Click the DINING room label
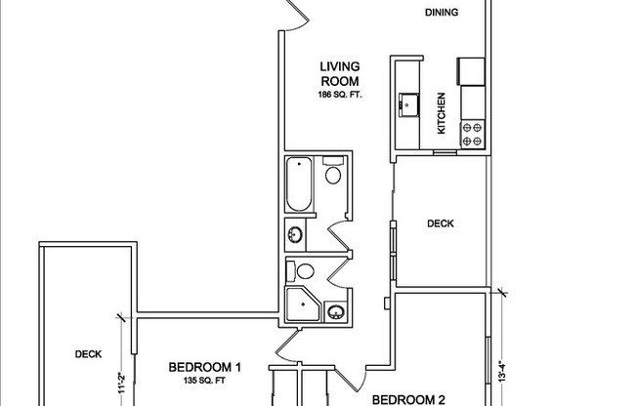(x=443, y=14)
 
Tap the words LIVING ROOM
(x=339, y=74)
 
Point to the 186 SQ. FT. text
(x=339, y=94)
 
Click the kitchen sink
(x=406, y=103)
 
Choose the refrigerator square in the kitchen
(x=472, y=69)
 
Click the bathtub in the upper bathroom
(x=296, y=184)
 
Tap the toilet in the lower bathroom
(x=305, y=273)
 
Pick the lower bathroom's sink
(x=336, y=312)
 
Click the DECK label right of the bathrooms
(x=441, y=223)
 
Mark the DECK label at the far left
(x=89, y=354)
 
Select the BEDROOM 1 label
(x=204, y=367)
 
